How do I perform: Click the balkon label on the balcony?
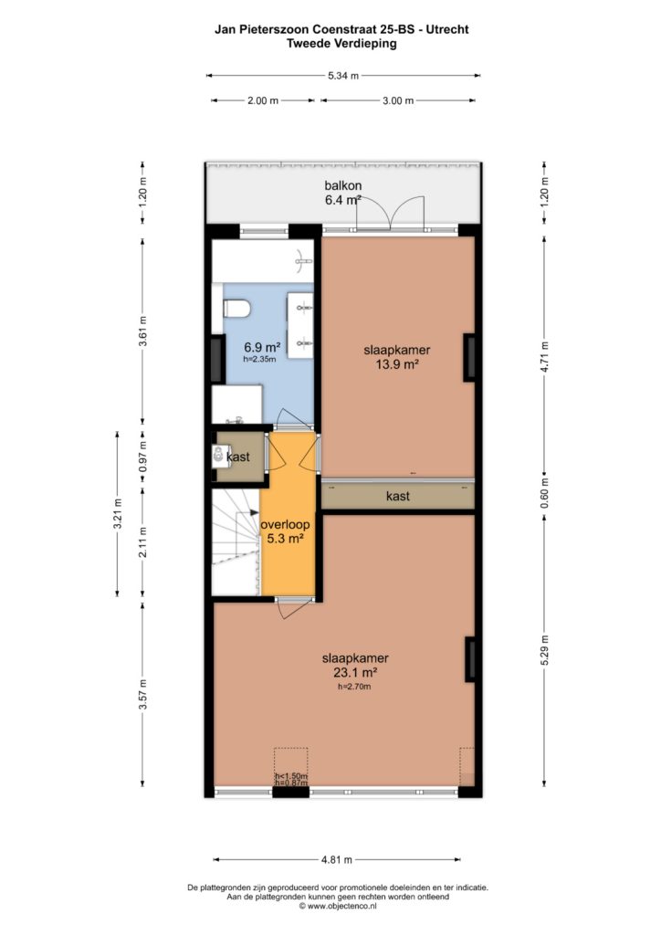(342, 185)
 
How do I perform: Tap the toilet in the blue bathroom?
(236, 309)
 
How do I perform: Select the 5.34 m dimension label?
(343, 76)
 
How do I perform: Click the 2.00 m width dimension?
(263, 100)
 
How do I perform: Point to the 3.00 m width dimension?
(398, 100)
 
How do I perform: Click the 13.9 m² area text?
(397, 363)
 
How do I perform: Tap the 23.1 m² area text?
(355, 672)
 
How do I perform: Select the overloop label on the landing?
(285, 525)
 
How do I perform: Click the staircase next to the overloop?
(236, 541)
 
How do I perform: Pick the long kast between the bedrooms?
(397, 496)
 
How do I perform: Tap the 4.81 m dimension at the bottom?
(337, 859)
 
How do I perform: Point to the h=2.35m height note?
(259, 359)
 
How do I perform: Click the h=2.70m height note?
(354, 687)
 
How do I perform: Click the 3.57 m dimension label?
(142, 695)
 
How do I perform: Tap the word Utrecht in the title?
(447, 29)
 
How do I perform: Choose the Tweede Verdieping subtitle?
(341, 43)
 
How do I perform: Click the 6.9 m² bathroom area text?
(262, 346)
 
